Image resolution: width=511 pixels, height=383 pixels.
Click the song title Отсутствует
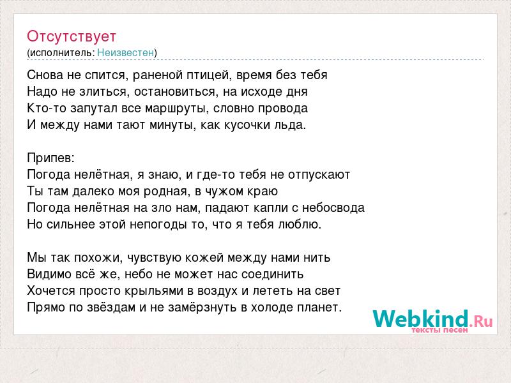(72, 36)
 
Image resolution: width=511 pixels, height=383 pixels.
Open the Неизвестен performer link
(125, 52)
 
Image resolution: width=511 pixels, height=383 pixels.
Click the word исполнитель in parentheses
(61, 53)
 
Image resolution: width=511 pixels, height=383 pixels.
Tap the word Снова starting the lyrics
(45, 75)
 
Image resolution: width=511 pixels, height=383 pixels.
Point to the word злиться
(103, 92)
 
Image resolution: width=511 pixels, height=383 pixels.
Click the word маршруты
(176, 109)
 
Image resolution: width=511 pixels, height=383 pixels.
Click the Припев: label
(51, 158)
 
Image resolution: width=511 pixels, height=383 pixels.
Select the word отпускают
(319, 175)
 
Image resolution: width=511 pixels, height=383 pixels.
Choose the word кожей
(204, 258)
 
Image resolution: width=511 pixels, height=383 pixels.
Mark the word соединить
(273, 274)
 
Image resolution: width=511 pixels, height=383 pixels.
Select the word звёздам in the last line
(111, 308)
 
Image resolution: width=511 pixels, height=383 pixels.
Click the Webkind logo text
(420, 319)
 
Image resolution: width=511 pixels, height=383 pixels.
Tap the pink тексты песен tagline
(439, 330)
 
